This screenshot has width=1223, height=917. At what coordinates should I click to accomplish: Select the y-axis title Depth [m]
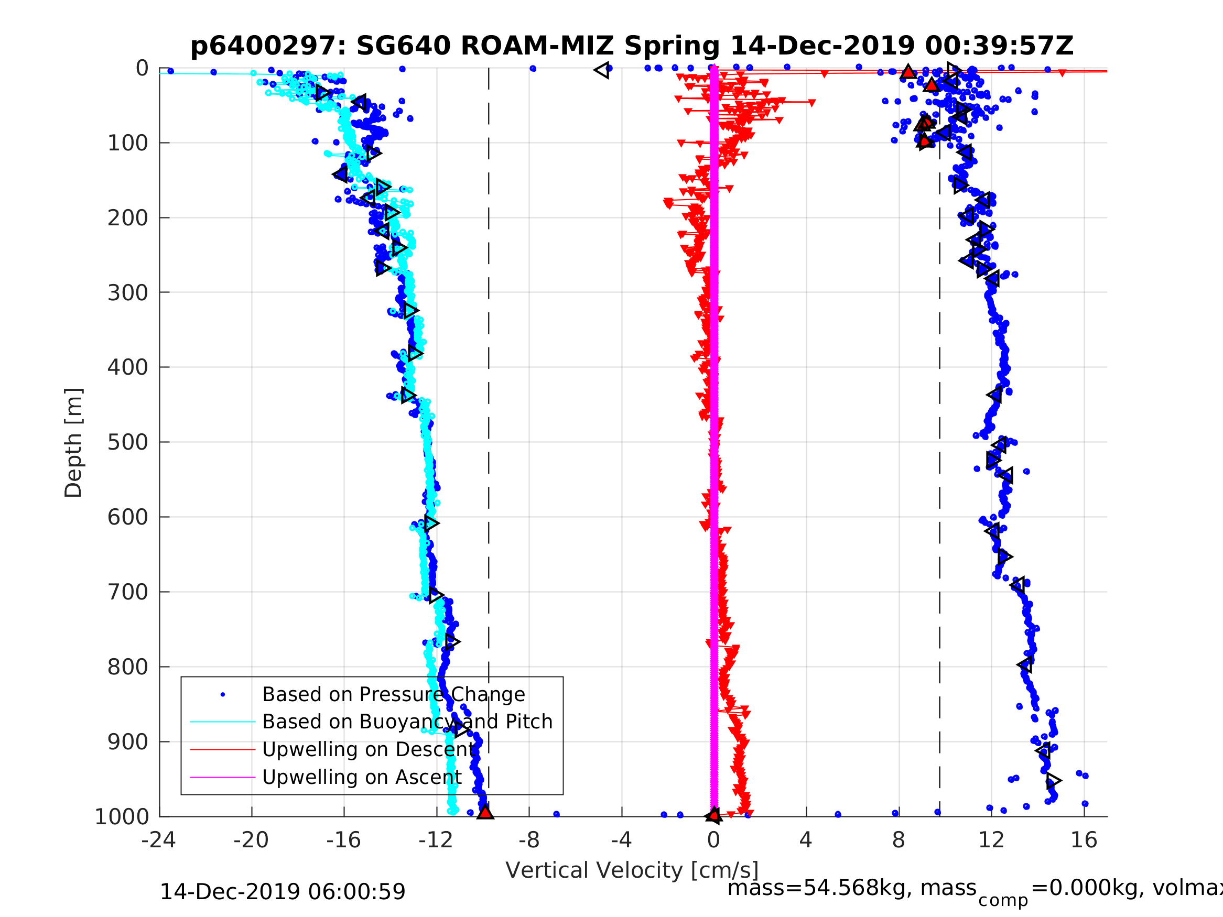(73, 443)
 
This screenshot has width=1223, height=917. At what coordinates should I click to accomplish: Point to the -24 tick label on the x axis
(159, 840)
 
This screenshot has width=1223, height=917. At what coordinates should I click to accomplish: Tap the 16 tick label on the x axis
(1084, 840)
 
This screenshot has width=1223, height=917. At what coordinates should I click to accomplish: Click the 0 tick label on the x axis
(713, 840)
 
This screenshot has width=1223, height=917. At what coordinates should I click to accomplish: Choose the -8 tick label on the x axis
(528, 840)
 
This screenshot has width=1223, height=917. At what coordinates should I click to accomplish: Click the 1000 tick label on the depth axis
(122, 816)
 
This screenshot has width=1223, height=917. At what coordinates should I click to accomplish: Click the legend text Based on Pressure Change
(393, 694)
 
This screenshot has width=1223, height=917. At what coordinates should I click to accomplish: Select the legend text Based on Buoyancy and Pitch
(407, 722)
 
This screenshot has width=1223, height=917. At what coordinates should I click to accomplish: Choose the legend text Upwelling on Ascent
(362, 777)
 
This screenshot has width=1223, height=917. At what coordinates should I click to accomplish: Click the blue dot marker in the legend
(223, 695)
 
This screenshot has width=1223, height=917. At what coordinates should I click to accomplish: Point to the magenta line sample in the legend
(223, 778)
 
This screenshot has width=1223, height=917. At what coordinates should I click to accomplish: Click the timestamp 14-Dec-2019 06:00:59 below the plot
(283, 891)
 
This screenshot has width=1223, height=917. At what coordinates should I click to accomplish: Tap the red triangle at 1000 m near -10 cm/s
(485, 812)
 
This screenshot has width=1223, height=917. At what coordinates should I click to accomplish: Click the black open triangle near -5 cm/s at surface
(602, 70)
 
